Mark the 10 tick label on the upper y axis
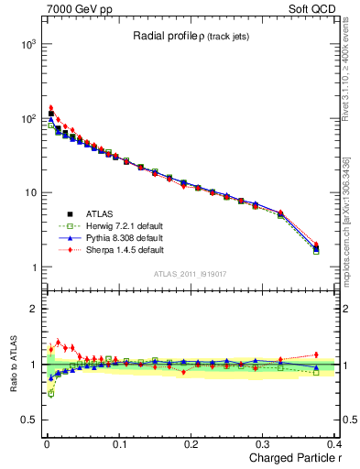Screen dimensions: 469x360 pos(29,193)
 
